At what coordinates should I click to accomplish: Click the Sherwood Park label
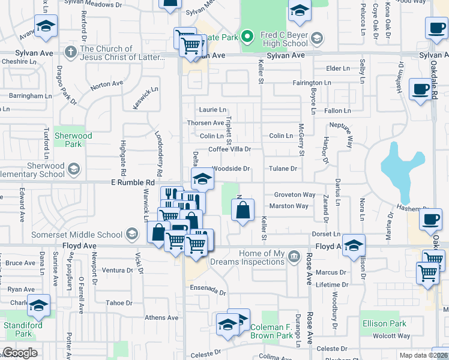click(73, 140)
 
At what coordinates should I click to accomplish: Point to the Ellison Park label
click(384, 324)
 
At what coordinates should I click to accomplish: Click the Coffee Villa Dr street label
click(229, 149)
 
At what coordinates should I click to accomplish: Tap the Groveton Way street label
click(295, 195)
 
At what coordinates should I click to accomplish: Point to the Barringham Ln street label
click(31, 95)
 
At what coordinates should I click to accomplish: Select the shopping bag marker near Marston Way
click(243, 211)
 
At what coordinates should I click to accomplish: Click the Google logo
click(20, 353)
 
